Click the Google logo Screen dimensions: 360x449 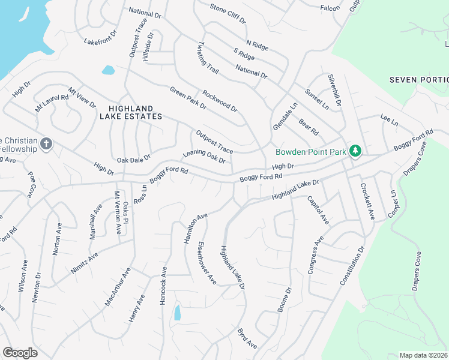[x=20, y=353]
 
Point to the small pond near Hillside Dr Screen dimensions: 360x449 [x=108, y=70]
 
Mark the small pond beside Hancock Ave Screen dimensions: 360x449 [x=177, y=313]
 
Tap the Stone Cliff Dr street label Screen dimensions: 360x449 [x=228, y=13]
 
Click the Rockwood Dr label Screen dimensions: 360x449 [x=220, y=101]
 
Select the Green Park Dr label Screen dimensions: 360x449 [x=188, y=98]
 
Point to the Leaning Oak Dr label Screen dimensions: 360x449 [x=204, y=157]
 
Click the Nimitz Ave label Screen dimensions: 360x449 [x=84, y=262]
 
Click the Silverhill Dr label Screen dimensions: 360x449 [x=334, y=91]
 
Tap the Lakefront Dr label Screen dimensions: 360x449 [x=98, y=42]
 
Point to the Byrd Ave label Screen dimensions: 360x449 [x=247, y=338]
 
